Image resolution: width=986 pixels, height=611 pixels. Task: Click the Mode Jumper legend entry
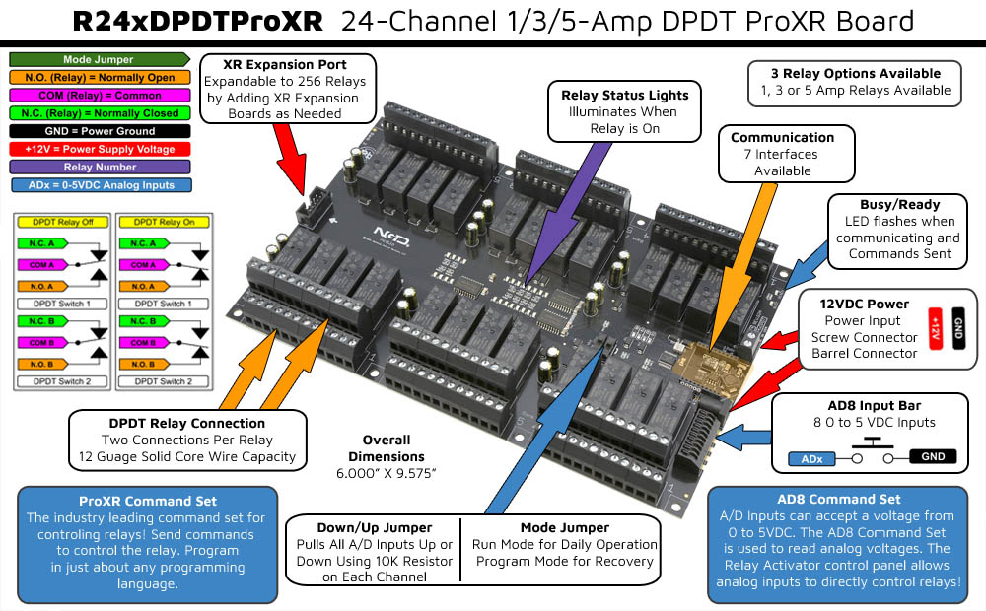point(98,60)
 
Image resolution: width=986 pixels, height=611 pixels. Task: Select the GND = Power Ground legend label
point(98,131)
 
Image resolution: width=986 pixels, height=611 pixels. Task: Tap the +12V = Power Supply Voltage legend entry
point(98,149)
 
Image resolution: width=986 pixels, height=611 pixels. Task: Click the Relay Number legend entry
point(98,167)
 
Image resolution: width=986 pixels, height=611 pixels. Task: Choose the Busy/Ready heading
point(899,204)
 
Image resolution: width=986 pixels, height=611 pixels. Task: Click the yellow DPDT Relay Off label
point(62,222)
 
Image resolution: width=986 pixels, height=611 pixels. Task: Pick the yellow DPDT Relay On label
point(164,222)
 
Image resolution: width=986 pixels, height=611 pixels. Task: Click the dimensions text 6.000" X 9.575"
point(386,474)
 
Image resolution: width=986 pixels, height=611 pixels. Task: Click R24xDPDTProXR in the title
point(198,21)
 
